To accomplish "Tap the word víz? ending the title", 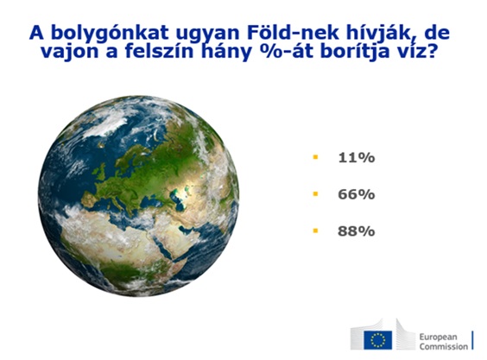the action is click(x=414, y=51).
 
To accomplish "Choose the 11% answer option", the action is click(x=357, y=158).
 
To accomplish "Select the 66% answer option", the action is click(x=357, y=194).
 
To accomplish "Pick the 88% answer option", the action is click(x=357, y=231).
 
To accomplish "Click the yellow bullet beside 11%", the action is click(x=315, y=157).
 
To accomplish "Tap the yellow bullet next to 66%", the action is click(x=315, y=194).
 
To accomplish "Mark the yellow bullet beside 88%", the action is click(x=315, y=231).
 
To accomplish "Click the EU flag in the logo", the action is click(x=378, y=340).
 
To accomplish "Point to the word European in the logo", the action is click(x=439, y=337).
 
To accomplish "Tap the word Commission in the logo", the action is click(x=444, y=347).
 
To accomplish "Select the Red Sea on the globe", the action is click(x=168, y=249).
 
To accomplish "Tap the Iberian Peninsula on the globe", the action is click(x=89, y=199).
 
